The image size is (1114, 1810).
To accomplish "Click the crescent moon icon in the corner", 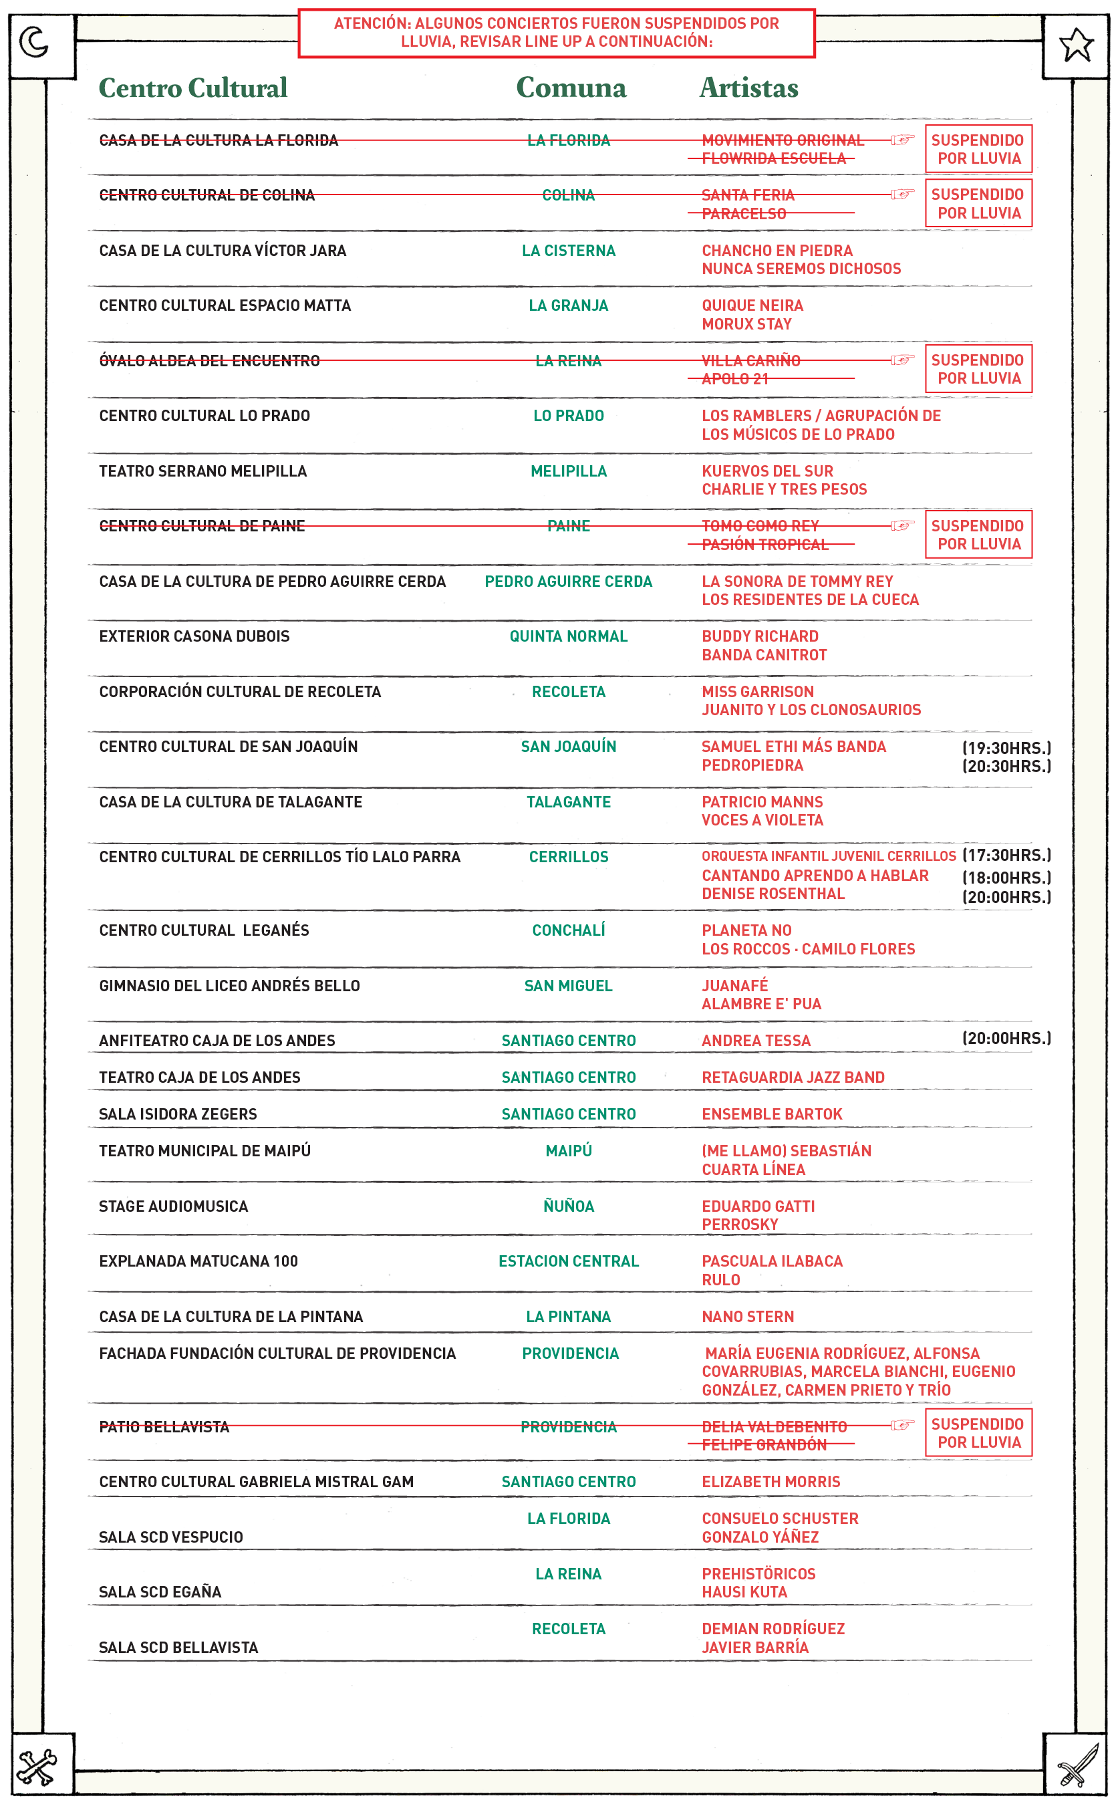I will pyautogui.click(x=34, y=42).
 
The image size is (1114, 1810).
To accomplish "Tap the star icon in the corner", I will pyautogui.click(x=1077, y=45).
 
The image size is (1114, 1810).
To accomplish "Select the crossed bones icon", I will pyautogui.click(x=37, y=1767).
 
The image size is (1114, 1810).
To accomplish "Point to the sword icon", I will pyautogui.click(x=1077, y=1767).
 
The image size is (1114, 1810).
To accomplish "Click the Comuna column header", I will pyautogui.click(x=571, y=88).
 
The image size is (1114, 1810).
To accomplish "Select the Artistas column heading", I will pyautogui.click(x=748, y=88).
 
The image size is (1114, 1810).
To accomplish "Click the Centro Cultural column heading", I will pyautogui.click(x=193, y=88).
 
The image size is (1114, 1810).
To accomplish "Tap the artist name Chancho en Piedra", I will pyautogui.click(x=777, y=251).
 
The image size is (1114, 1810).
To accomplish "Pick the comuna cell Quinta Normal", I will pyautogui.click(x=568, y=636).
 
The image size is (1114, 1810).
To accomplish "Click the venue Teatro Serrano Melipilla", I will pyautogui.click(x=202, y=471).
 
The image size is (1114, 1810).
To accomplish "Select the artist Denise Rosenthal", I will pyautogui.click(x=773, y=894).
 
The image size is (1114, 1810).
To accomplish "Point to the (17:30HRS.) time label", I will pyautogui.click(x=1006, y=856).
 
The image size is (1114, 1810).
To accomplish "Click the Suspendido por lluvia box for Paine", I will pyautogui.click(x=978, y=535).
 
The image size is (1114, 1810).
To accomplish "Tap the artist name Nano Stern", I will pyautogui.click(x=748, y=1317).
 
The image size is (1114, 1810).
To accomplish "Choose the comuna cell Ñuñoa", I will pyautogui.click(x=568, y=1206).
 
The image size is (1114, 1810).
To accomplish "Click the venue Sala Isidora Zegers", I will pyautogui.click(x=178, y=1114).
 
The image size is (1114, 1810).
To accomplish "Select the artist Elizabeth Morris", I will pyautogui.click(x=771, y=1481).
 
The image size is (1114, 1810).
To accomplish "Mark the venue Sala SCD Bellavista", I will pyautogui.click(x=178, y=1647).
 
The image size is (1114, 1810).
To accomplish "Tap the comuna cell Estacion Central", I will pyautogui.click(x=568, y=1261).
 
